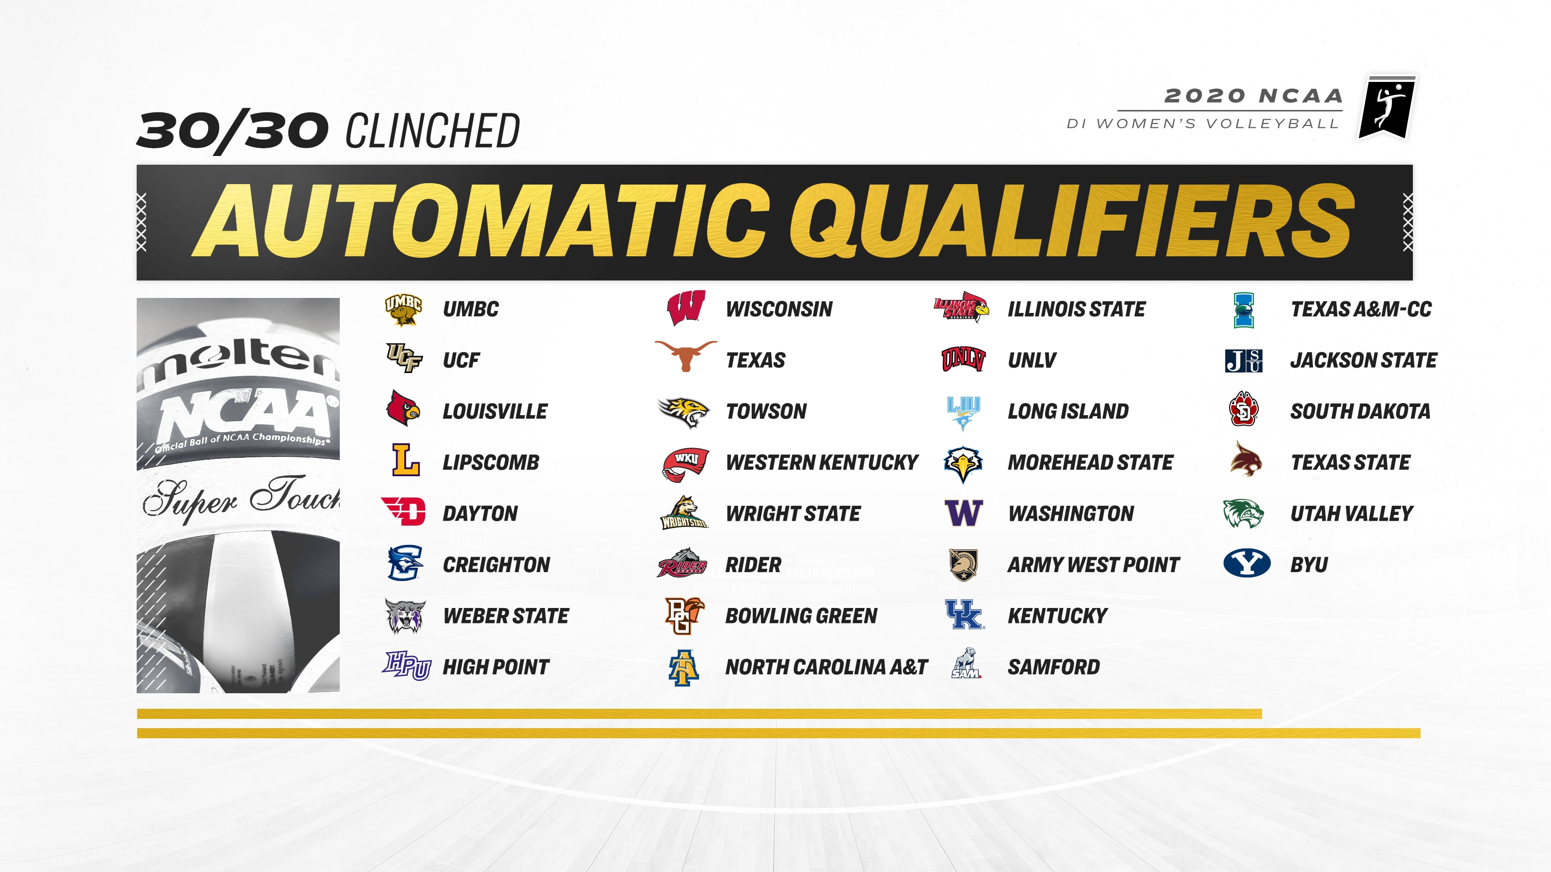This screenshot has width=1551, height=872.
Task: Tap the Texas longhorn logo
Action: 685,356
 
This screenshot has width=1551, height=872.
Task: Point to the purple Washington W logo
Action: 964,514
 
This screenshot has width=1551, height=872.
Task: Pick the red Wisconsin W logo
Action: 686,308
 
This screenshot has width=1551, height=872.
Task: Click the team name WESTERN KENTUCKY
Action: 822,462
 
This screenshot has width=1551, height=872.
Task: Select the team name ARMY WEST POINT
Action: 1093,564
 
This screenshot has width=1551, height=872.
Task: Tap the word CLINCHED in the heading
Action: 432,131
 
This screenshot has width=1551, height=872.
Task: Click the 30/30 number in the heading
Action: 233,131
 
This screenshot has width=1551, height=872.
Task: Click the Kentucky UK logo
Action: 965,614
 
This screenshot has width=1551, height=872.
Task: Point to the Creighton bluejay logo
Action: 405,563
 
